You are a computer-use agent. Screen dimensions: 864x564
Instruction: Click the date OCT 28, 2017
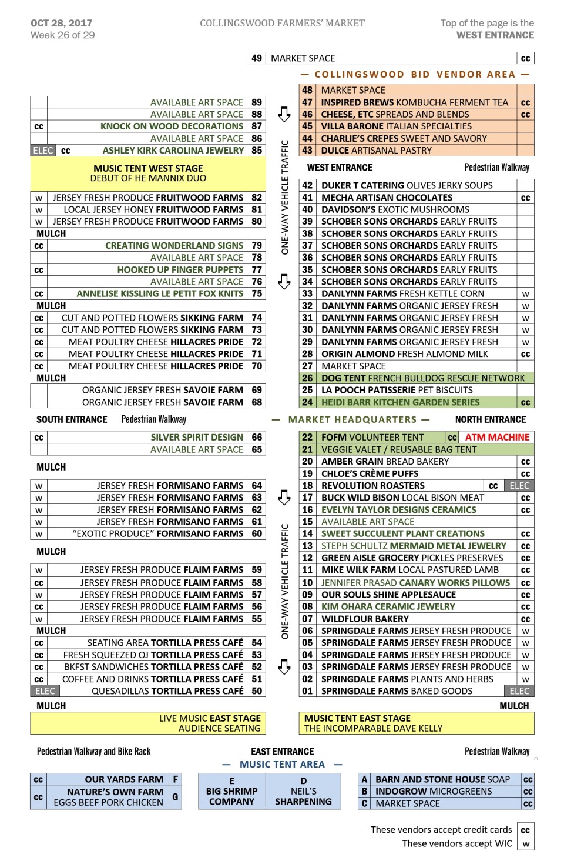(x=62, y=23)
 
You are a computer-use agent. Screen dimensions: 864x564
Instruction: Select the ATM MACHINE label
(x=497, y=437)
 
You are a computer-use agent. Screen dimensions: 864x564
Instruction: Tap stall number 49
(x=257, y=58)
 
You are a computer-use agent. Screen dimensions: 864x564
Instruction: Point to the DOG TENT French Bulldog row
(x=422, y=378)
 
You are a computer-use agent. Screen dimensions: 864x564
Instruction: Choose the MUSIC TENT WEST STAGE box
(x=148, y=173)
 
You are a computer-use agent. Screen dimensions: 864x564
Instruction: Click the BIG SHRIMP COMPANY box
(x=231, y=791)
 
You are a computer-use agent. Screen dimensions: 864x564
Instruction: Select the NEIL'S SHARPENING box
(x=303, y=791)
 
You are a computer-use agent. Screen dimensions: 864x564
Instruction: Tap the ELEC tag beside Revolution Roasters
(x=519, y=486)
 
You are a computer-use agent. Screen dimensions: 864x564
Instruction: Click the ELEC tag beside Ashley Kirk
(x=43, y=151)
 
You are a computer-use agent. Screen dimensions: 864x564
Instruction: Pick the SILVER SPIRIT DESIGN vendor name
(x=197, y=437)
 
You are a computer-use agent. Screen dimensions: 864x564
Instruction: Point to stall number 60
(x=257, y=533)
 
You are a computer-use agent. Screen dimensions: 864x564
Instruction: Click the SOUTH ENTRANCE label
(x=72, y=419)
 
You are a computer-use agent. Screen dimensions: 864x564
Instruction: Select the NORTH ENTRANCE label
(x=491, y=419)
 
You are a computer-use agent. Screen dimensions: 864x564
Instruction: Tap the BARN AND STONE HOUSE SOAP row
(x=442, y=779)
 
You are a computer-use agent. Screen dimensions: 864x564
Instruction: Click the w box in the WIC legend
(x=526, y=844)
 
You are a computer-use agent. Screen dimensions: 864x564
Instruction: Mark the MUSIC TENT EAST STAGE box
(x=416, y=723)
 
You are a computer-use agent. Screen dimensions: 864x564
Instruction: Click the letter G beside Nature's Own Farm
(x=175, y=797)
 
